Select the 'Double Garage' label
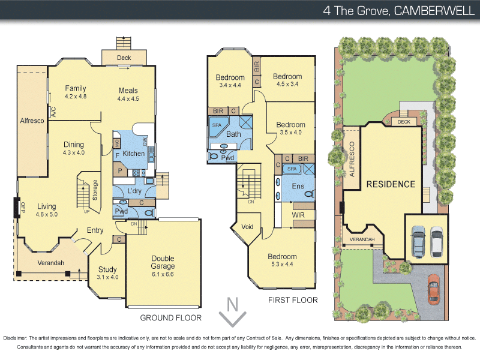pos(163,262)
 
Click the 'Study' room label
pos(107,269)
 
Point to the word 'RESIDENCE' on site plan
pos(391,184)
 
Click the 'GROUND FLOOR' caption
pos(170,318)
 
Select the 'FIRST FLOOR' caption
pos(293,300)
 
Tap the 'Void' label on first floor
pos(247,227)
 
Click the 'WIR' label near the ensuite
pos(299,214)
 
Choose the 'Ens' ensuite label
pos(298,187)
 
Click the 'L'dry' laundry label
pos(134,191)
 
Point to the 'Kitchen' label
pos(133,154)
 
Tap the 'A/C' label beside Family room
pos(53,111)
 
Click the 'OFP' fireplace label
pos(23,208)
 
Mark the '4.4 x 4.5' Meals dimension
pos(128,98)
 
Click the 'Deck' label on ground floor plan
pos(124,58)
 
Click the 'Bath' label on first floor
pos(233,134)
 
